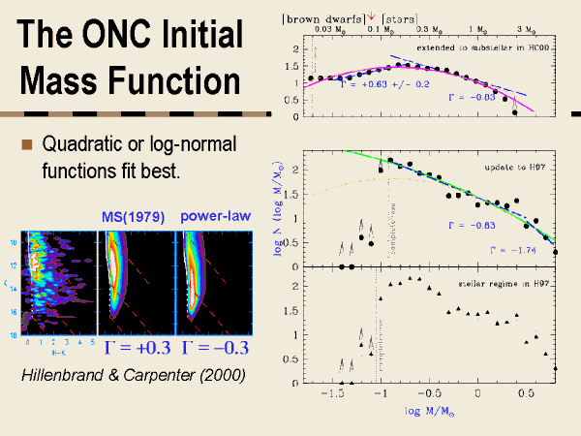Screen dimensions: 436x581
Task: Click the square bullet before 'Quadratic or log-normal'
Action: (x=28, y=145)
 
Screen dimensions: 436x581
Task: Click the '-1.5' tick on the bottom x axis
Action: (x=333, y=395)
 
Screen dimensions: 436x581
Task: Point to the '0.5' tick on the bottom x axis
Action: (x=526, y=395)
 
